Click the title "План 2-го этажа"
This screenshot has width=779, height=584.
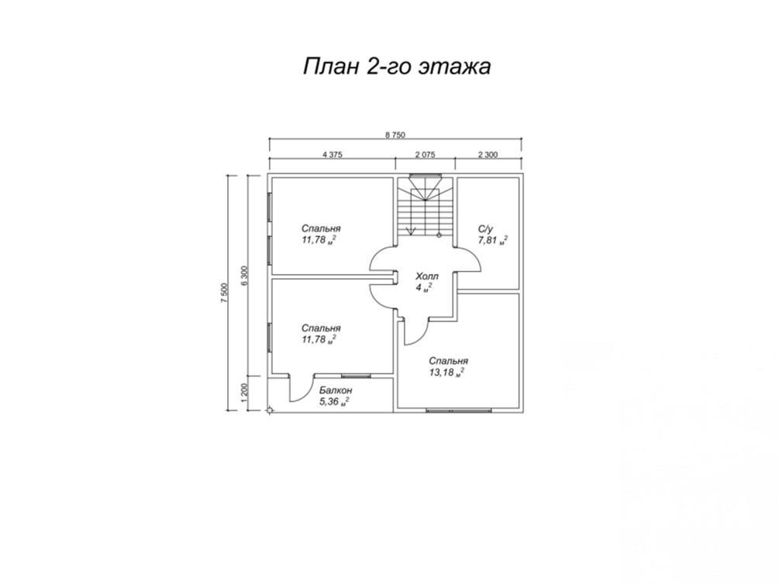click(397, 67)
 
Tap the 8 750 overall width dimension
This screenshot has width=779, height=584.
click(395, 135)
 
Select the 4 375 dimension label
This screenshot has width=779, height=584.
click(333, 154)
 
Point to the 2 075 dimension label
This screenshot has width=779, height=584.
click(426, 154)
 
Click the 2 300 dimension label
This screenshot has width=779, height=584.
click(488, 154)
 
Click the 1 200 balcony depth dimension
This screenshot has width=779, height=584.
click(243, 393)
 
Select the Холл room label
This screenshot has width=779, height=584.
click(427, 277)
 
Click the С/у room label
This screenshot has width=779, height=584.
click(485, 229)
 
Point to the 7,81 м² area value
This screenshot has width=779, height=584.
click(493, 240)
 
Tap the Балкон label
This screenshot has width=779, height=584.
click(336, 390)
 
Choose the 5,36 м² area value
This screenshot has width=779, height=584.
click(334, 402)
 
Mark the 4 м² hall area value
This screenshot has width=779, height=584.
click(424, 288)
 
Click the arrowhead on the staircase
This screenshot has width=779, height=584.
click(411, 230)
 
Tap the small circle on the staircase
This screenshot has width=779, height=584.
click(439, 235)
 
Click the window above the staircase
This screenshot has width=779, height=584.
click(426, 175)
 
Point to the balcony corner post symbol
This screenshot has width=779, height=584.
click(269, 411)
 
